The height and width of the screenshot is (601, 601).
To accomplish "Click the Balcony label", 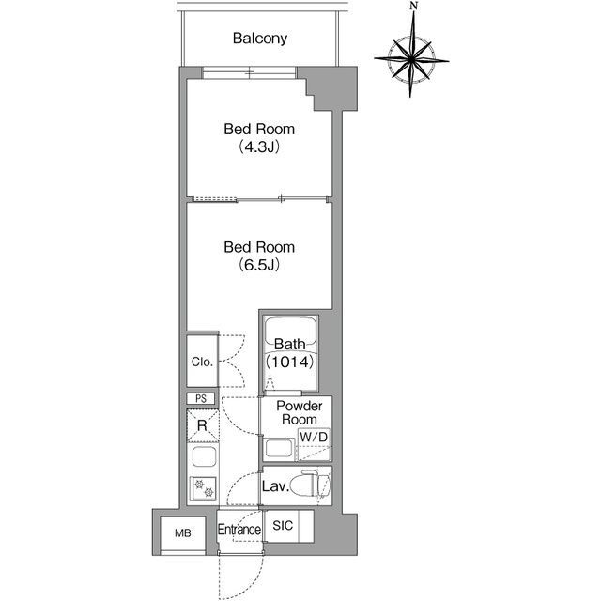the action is (260, 39).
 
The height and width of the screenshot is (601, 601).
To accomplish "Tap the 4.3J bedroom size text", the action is (259, 146).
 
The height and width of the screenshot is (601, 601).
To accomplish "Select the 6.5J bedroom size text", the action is (259, 265).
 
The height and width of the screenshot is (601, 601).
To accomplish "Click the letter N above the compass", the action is (413, 6).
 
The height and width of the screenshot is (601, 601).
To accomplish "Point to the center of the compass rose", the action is (411, 59).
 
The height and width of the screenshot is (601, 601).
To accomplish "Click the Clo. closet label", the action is (202, 362).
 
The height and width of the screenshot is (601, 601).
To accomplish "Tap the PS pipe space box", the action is (201, 398).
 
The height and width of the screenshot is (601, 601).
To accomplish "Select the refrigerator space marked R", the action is (203, 425).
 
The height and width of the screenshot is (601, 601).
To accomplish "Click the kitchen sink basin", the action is (204, 456).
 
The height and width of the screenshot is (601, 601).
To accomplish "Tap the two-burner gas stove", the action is (203, 488).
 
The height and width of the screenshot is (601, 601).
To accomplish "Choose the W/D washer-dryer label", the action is (314, 437).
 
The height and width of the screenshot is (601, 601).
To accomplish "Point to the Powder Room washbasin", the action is (279, 449).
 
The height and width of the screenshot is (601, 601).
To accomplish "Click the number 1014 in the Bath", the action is (290, 362).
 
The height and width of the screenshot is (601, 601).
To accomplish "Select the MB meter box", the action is (183, 533).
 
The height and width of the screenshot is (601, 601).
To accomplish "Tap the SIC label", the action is (283, 526).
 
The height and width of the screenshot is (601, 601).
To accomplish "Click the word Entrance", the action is (239, 530).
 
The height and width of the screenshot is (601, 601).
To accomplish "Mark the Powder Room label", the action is (300, 412).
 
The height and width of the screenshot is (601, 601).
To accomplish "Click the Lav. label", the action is (275, 486).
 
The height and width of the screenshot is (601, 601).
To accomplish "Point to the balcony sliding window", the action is (250, 72).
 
